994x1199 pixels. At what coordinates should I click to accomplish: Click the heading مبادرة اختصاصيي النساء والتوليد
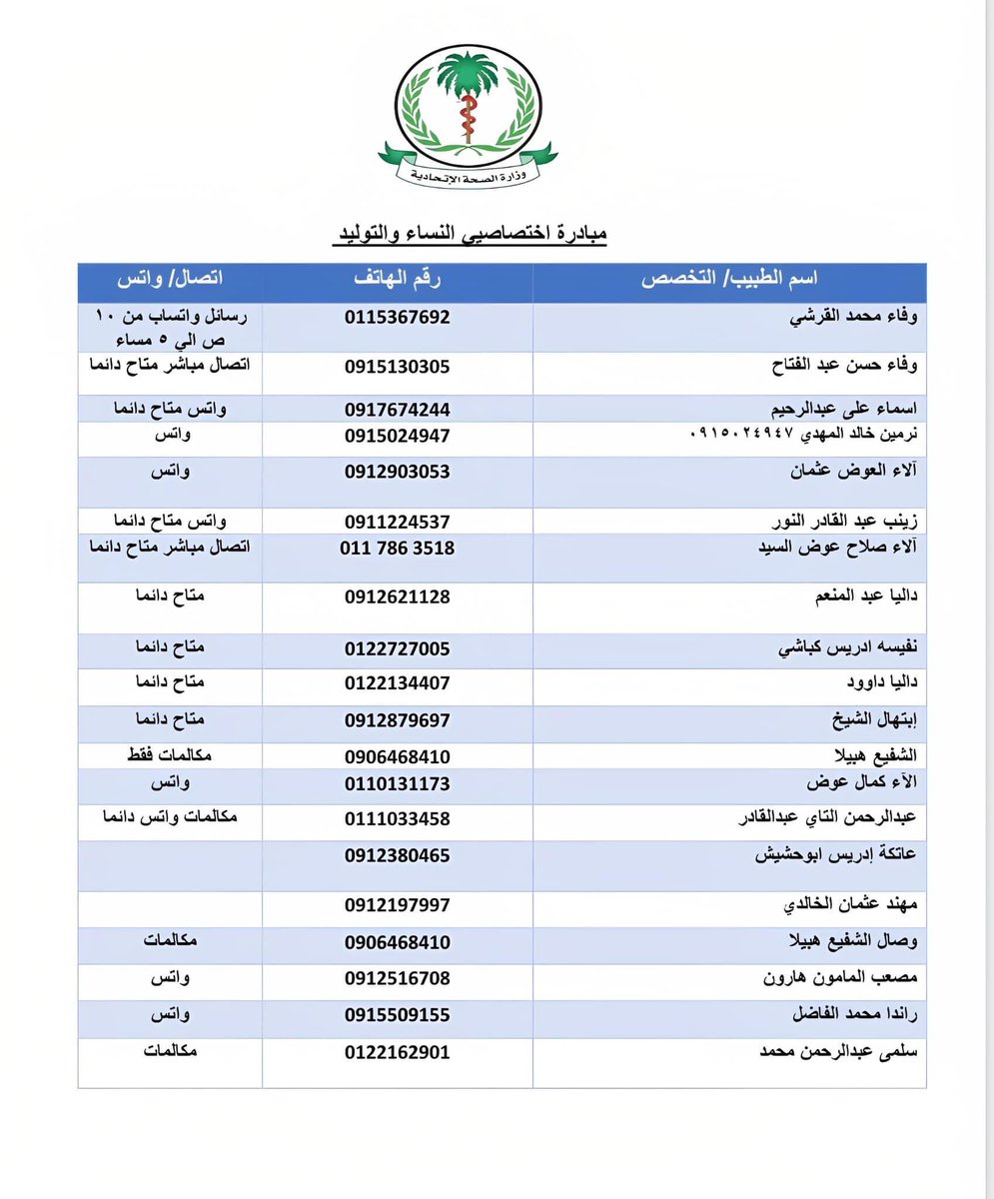coord(470,235)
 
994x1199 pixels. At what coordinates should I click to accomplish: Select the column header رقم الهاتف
coord(398,282)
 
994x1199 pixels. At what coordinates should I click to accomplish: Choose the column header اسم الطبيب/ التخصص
coord(729,282)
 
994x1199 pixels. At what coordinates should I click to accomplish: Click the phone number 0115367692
coord(398,317)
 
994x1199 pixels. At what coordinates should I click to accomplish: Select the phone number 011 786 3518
coord(398,548)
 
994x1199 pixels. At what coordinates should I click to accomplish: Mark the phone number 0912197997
coord(398,904)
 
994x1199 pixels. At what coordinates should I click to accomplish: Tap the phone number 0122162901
coord(398,1052)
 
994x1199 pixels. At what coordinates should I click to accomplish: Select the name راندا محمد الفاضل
coord(850,1014)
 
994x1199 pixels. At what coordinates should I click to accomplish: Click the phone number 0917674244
coord(398,409)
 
